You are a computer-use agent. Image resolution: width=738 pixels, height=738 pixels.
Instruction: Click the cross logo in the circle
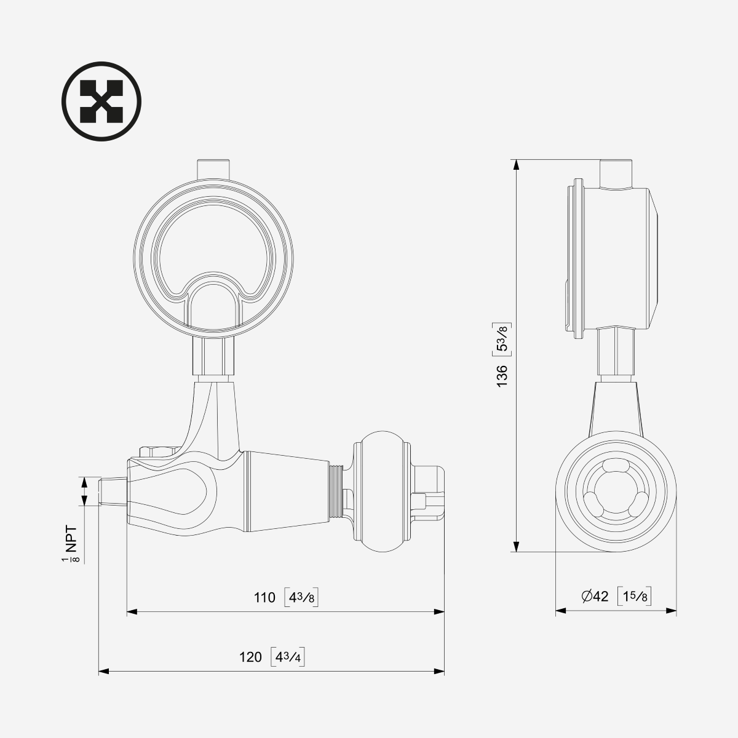point(101,101)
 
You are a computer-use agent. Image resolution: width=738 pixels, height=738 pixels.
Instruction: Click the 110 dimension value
point(264,597)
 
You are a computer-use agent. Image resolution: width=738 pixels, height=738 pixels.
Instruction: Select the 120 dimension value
point(250,657)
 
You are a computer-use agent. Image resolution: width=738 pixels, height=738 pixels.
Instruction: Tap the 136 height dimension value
point(502,376)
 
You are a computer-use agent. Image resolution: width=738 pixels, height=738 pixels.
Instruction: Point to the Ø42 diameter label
point(594,597)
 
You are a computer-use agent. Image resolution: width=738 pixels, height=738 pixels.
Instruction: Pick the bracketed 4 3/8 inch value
point(301,598)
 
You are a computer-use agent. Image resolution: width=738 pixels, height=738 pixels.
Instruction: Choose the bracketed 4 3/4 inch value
point(288,657)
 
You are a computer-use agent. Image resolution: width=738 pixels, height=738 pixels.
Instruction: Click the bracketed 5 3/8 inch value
point(502,338)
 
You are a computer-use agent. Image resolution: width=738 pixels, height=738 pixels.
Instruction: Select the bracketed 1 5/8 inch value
point(635,597)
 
